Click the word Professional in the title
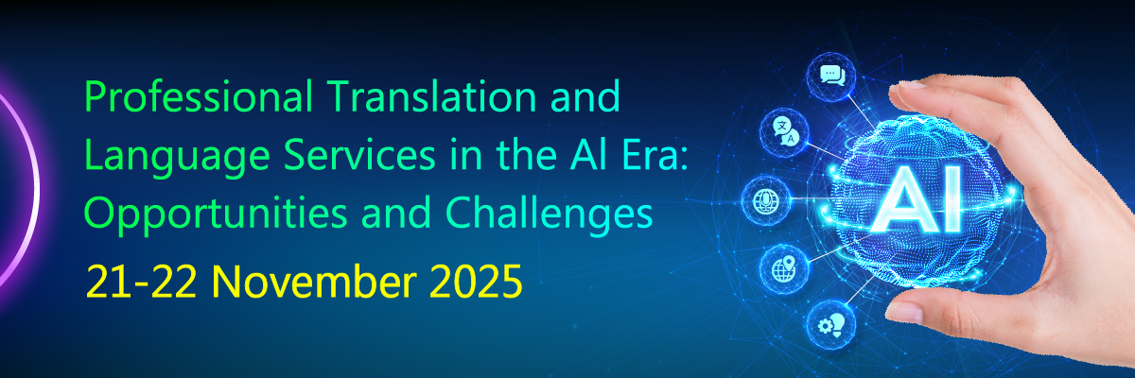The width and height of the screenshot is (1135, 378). pos(198,95)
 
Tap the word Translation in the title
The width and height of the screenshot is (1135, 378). pos(431,95)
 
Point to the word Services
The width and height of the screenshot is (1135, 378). pos(359,154)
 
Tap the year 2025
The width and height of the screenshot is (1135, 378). pos(476,282)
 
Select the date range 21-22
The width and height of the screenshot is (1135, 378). pos(141,282)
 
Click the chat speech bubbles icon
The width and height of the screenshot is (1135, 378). pos(832,77)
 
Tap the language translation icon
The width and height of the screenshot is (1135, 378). pos(784,131)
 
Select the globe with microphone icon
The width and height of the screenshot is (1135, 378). pos(765,201)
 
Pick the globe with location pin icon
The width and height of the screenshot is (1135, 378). pos(784,269)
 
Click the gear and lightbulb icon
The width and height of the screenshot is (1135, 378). pos(831,325)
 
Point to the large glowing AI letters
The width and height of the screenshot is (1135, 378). pos(917,201)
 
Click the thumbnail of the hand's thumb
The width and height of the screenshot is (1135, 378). pos(906,312)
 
